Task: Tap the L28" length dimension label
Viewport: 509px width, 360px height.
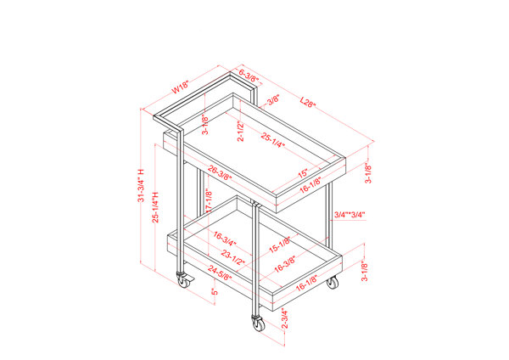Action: pyautogui.click(x=309, y=104)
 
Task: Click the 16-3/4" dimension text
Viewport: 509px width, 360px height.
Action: pyautogui.click(x=227, y=239)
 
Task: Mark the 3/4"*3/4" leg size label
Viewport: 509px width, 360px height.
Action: pyautogui.click(x=350, y=214)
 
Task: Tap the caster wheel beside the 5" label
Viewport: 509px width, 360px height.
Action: pyautogui.click(x=182, y=280)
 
